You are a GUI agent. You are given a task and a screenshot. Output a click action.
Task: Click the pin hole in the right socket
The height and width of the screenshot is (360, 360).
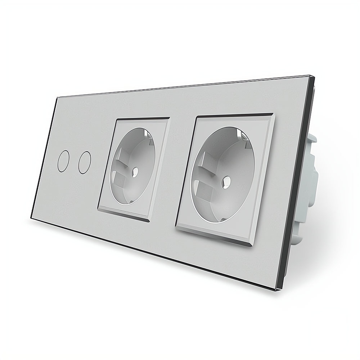pos(226,179)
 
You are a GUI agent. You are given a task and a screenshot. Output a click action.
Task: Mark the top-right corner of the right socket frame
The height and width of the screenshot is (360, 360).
pos(274,114)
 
